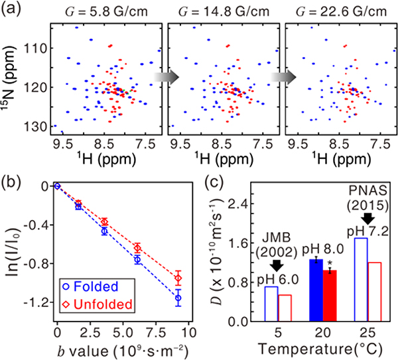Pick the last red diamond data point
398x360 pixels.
[x=178, y=277]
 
